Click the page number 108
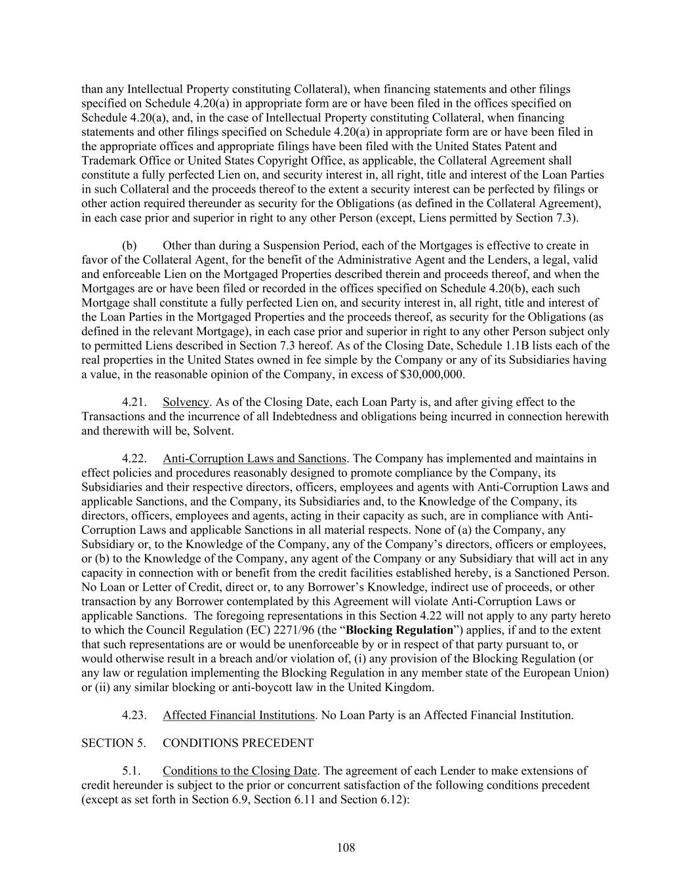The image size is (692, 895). [346, 848]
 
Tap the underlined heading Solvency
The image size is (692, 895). [186, 402]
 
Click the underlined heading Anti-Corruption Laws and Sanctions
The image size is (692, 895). [254, 458]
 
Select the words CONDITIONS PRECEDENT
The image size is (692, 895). [238, 743]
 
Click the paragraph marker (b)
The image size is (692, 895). [129, 246]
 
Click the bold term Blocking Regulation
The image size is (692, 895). [399, 630]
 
